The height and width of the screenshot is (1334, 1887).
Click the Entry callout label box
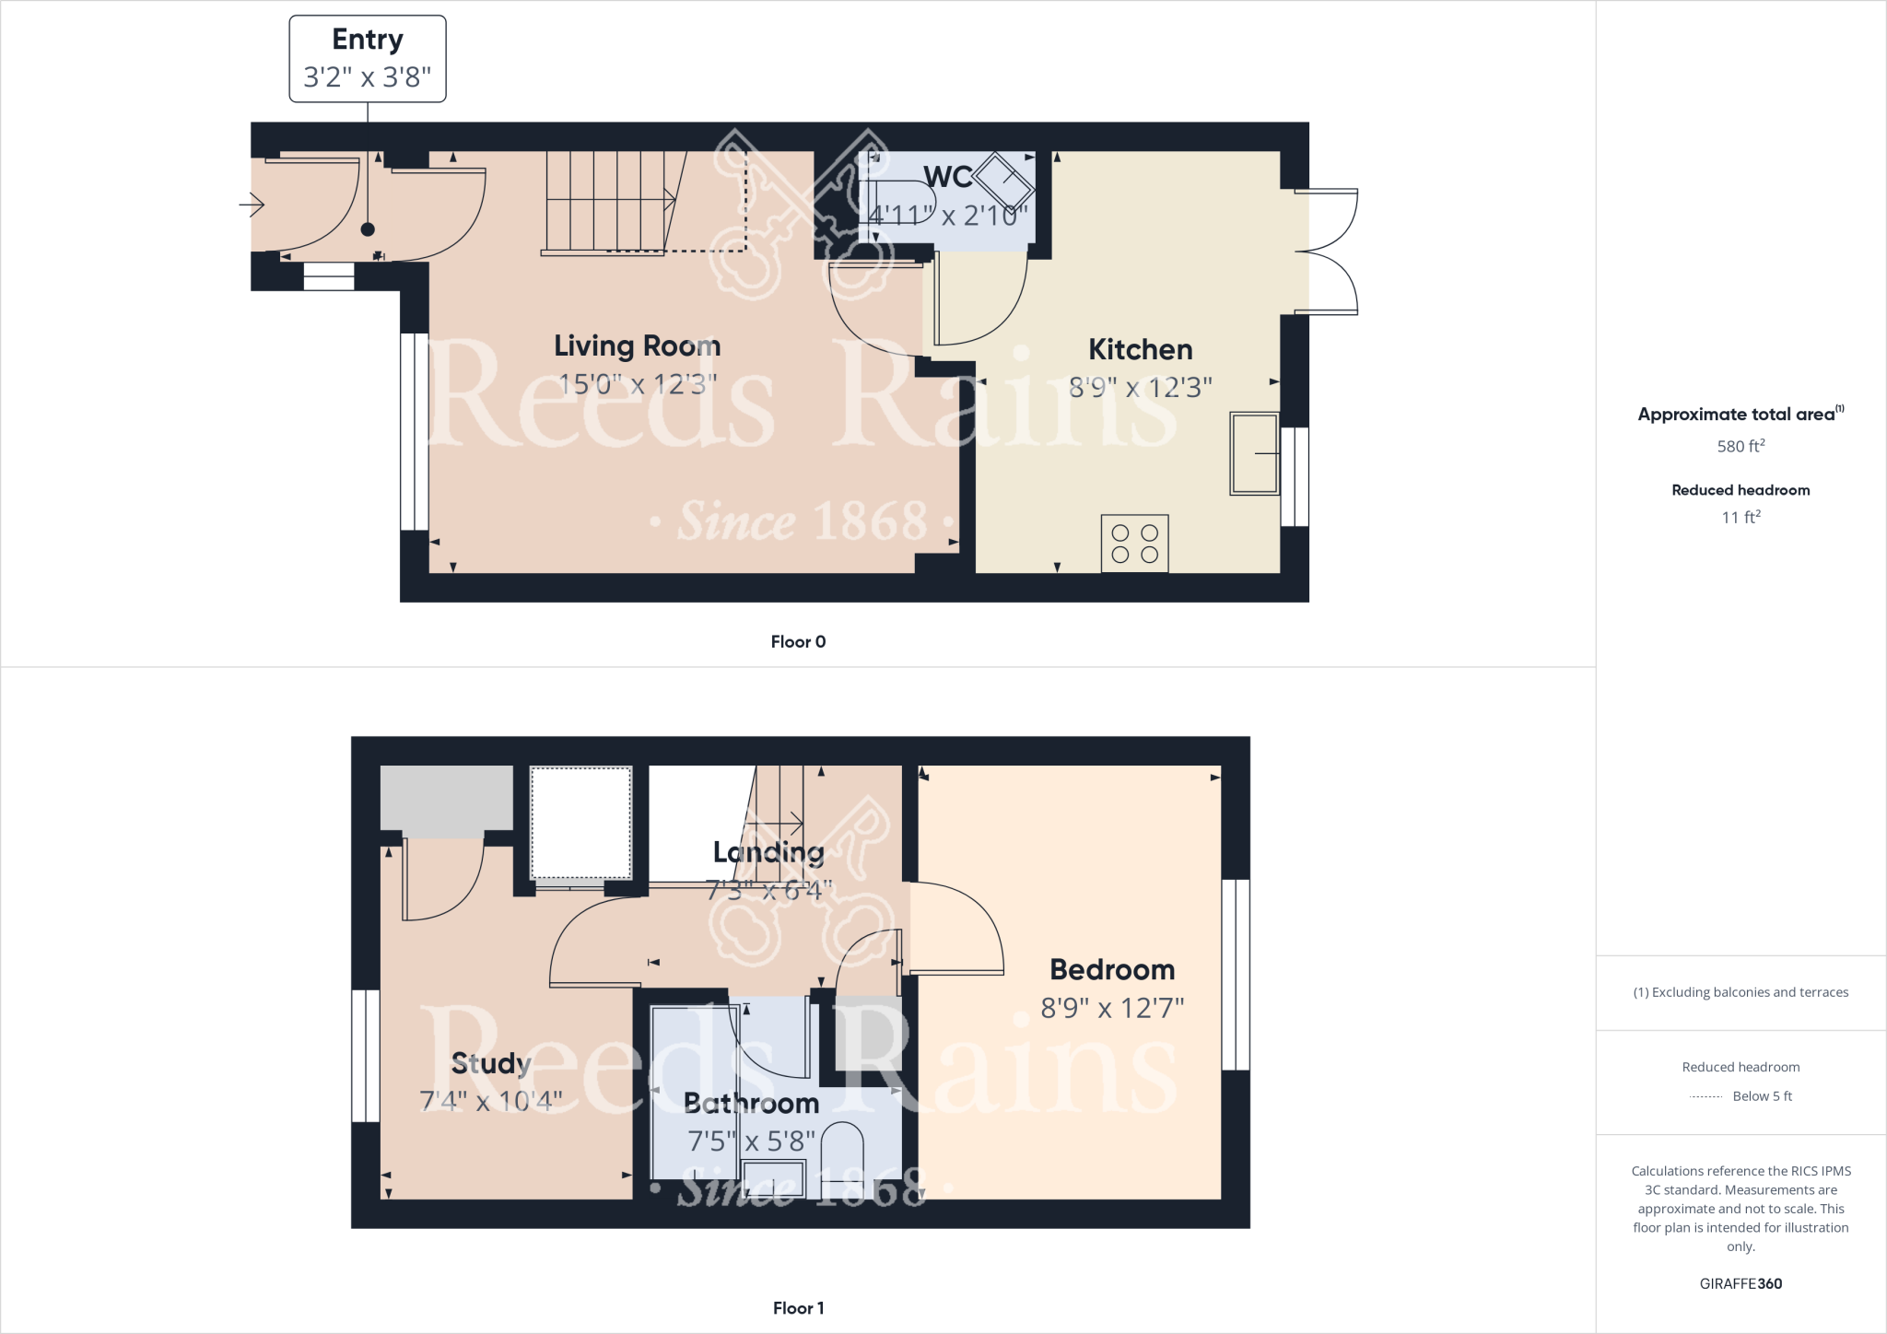click(x=368, y=58)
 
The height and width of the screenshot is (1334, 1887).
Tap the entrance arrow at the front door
click(x=252, y=204)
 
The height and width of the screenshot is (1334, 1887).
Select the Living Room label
click(x=637, y=345)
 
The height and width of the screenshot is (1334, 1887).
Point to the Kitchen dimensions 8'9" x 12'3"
click(x=1140, y=388)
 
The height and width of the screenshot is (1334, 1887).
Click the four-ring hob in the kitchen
click(x=1134, y=544)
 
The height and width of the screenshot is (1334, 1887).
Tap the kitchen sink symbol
click(x=1254, y=453)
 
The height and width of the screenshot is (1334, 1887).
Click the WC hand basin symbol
click(x=1003, y=181)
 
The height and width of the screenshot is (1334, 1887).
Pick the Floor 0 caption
click(x=798, y=642)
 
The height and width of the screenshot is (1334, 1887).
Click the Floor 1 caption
click(x=798, y=1308)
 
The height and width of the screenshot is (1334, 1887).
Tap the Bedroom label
click(x=1112, y=969)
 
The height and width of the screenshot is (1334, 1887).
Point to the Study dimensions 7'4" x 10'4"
click(x=490, y=1101)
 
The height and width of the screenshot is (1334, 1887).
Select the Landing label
click(x=768, y=852)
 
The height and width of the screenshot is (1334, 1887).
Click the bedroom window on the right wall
click(x=1236, y=975)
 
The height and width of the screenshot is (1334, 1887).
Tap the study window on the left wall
click(x=366, y=1056)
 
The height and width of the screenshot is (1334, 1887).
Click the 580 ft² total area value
click(x=1740, y=446)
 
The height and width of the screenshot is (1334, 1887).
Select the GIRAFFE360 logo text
click(x=1740, y=1283)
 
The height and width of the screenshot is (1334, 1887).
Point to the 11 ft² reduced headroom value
click(x=1740, y=517)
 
